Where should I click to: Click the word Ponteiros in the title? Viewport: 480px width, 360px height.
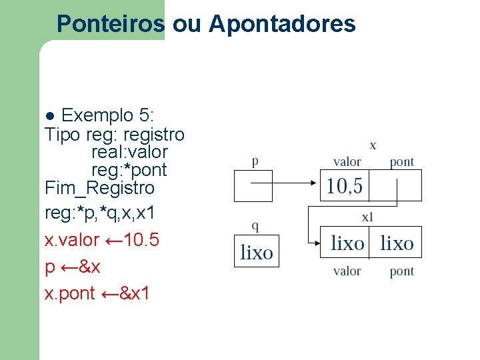pyautogui.click(x=110, y=24)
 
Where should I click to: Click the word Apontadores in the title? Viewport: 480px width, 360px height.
pyautogui.click(x=282, y=24)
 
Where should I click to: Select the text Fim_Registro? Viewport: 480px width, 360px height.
pyautogui.click(x=99, y=188)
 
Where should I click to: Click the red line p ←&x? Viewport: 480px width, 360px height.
pyautogui.click(x=73, y=267)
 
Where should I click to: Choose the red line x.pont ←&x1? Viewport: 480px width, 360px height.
pyautogui.click(x=97, y=293)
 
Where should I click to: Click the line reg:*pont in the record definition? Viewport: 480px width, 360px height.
pyautogui.click(x=129, y=170)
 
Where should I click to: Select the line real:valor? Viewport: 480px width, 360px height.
pyautogui.click(x=129, y=152)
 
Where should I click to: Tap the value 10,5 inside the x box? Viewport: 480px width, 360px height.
pyautogui.click(x=345, y=186)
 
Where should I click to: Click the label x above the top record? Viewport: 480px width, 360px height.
pyautogui.click(x=373, y=145)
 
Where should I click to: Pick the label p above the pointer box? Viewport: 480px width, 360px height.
pyautogui.click(x=255, y=161)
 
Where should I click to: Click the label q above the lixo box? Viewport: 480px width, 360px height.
pyautogui.click(x=255, y=225)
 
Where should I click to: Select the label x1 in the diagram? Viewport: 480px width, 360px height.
pyautogui.click(x=367, y=217)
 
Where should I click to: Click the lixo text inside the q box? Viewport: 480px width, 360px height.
pyautogui.click(x=257, y=253)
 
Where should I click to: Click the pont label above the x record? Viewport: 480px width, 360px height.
pyautogui.click(x=401, y=161)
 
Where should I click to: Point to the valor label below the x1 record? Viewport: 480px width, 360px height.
pyautogui.click(x=347, y=271)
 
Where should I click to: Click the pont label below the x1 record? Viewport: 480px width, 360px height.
pyautogui.click(x=401, y=271)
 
